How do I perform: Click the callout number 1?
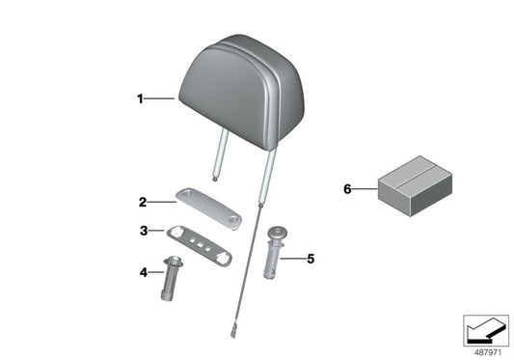tap(140, 98)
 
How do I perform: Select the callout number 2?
tap(143, 202)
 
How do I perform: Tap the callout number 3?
tap(144, 231)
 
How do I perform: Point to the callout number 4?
tap(144, 272)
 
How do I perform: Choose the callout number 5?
tap(311, 259)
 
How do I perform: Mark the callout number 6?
tap(347, 189)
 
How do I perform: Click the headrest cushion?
tap(242, 91)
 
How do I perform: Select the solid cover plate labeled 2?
tap(209, 208)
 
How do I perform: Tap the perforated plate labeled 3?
tap(200, 245)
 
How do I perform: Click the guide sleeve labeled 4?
tap(171, 278)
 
